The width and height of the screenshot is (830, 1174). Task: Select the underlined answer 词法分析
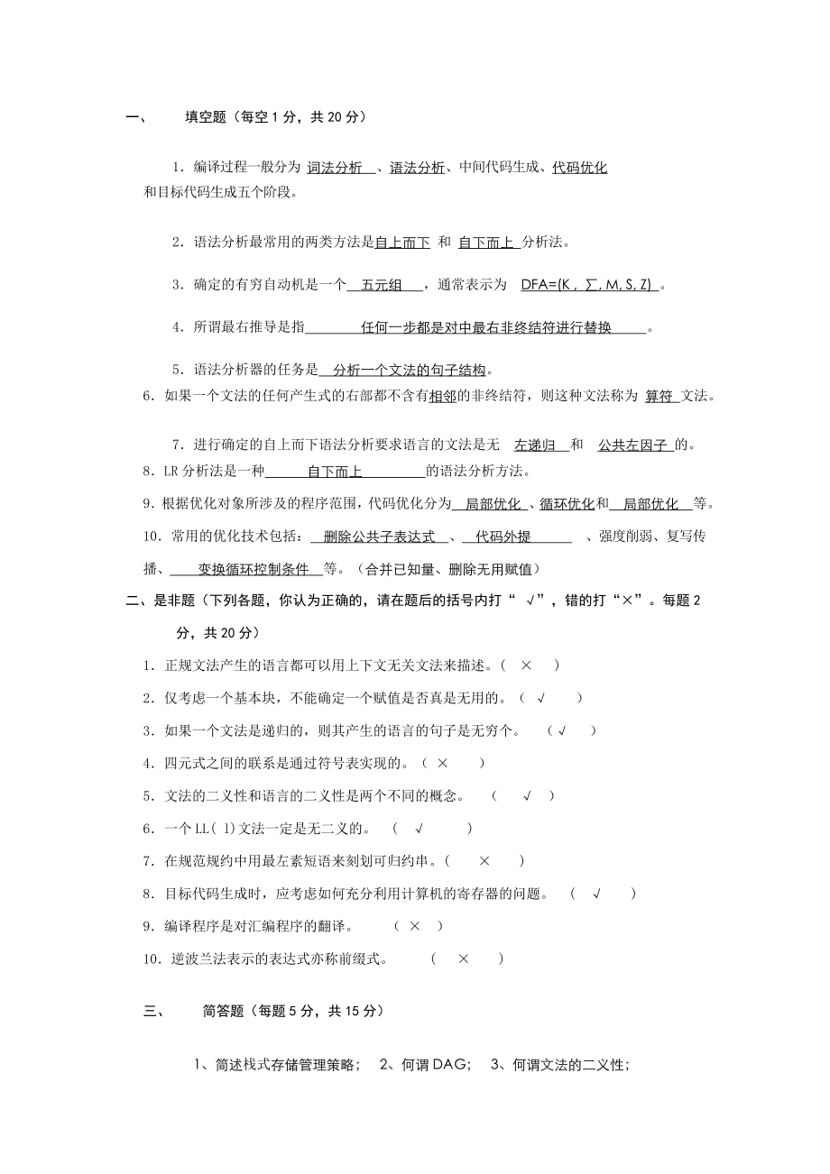point(335,168)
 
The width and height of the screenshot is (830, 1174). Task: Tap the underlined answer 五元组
point(382,285)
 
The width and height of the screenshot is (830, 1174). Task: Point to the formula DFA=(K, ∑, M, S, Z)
point(586,285)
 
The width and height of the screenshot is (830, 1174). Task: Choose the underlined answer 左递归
point(535,445)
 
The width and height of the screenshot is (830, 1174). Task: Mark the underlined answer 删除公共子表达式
point(379,537)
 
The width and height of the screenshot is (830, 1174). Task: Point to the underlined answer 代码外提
point(503,537)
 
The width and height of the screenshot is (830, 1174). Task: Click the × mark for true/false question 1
point(526,665)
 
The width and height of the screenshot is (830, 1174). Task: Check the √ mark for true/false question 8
point(596,894)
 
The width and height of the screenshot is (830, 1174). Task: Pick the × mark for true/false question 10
point(464,958)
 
